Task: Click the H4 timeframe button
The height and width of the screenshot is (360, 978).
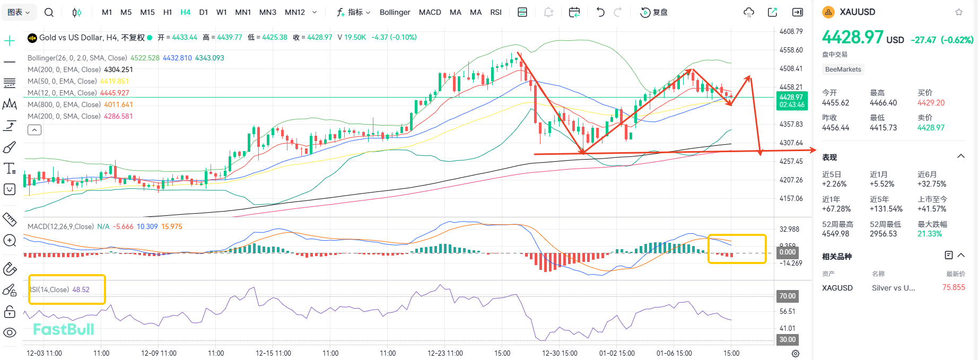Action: [185, 12]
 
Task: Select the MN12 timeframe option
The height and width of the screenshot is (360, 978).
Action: [294, 12]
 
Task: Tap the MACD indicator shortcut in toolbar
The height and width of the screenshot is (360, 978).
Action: [430, 12]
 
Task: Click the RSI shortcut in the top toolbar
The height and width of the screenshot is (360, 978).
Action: [495, 12]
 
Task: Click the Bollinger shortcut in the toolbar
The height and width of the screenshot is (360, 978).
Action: [395, 12]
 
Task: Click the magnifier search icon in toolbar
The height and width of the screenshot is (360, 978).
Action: [49, 12]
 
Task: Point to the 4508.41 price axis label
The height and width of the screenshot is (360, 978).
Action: [791, 68]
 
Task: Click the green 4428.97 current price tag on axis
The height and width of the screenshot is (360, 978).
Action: [791, 100]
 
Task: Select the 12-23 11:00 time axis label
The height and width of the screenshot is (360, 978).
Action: [445, 353]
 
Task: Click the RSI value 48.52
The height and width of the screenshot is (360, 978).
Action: [81, 289]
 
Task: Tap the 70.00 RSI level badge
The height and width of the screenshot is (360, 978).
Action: [787, 296]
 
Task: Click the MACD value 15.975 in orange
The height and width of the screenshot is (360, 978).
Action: [171, 226]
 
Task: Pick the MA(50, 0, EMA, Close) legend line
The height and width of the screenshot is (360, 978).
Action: [62, 81]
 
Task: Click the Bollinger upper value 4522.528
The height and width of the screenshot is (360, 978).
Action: [145, 58]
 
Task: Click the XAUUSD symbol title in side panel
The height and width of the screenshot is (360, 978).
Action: [857, 12]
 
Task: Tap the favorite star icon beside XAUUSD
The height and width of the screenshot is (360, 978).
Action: [959, 12]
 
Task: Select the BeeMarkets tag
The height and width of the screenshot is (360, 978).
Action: [843, 69]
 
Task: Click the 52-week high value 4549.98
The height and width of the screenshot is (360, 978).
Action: [835, 234]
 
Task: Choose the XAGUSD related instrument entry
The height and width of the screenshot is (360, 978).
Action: [837, 288]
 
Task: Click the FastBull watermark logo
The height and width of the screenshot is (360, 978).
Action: [64, 329]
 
